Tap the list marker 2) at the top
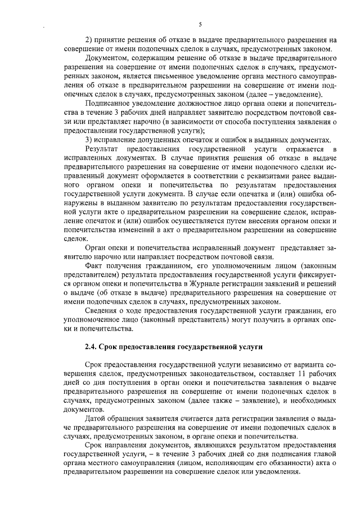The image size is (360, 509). click(88, 40)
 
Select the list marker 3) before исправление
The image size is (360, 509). click(88, 139)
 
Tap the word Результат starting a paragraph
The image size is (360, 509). click(101, 148)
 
